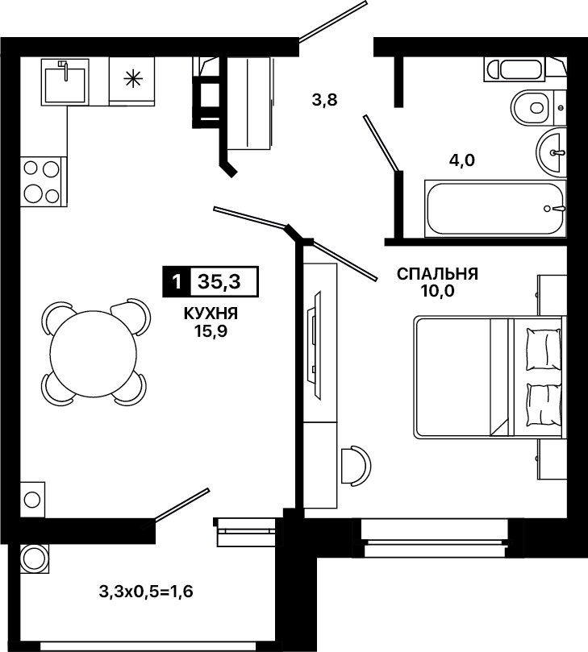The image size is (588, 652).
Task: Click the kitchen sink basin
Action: [x=65, y=85]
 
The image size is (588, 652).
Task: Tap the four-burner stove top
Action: [x=41, y=181]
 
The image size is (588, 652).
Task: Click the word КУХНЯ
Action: [x=211, y=314]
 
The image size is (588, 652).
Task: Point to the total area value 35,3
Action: [x=219, y=282]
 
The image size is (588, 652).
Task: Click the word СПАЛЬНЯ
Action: [x=437, y=274]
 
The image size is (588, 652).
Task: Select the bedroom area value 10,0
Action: [x=437, y=292]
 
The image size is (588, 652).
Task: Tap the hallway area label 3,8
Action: [x=324, y=100]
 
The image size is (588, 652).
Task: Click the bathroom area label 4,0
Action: [x=462, y=160]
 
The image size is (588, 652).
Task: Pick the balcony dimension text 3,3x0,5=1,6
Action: [x=146, y=591]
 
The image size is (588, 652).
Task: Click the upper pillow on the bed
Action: [x=543, y=349]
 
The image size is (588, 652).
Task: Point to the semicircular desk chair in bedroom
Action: [x=357, y=465]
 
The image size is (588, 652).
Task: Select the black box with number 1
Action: [x=176, y=282]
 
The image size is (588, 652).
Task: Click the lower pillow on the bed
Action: [x=544, y=404]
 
